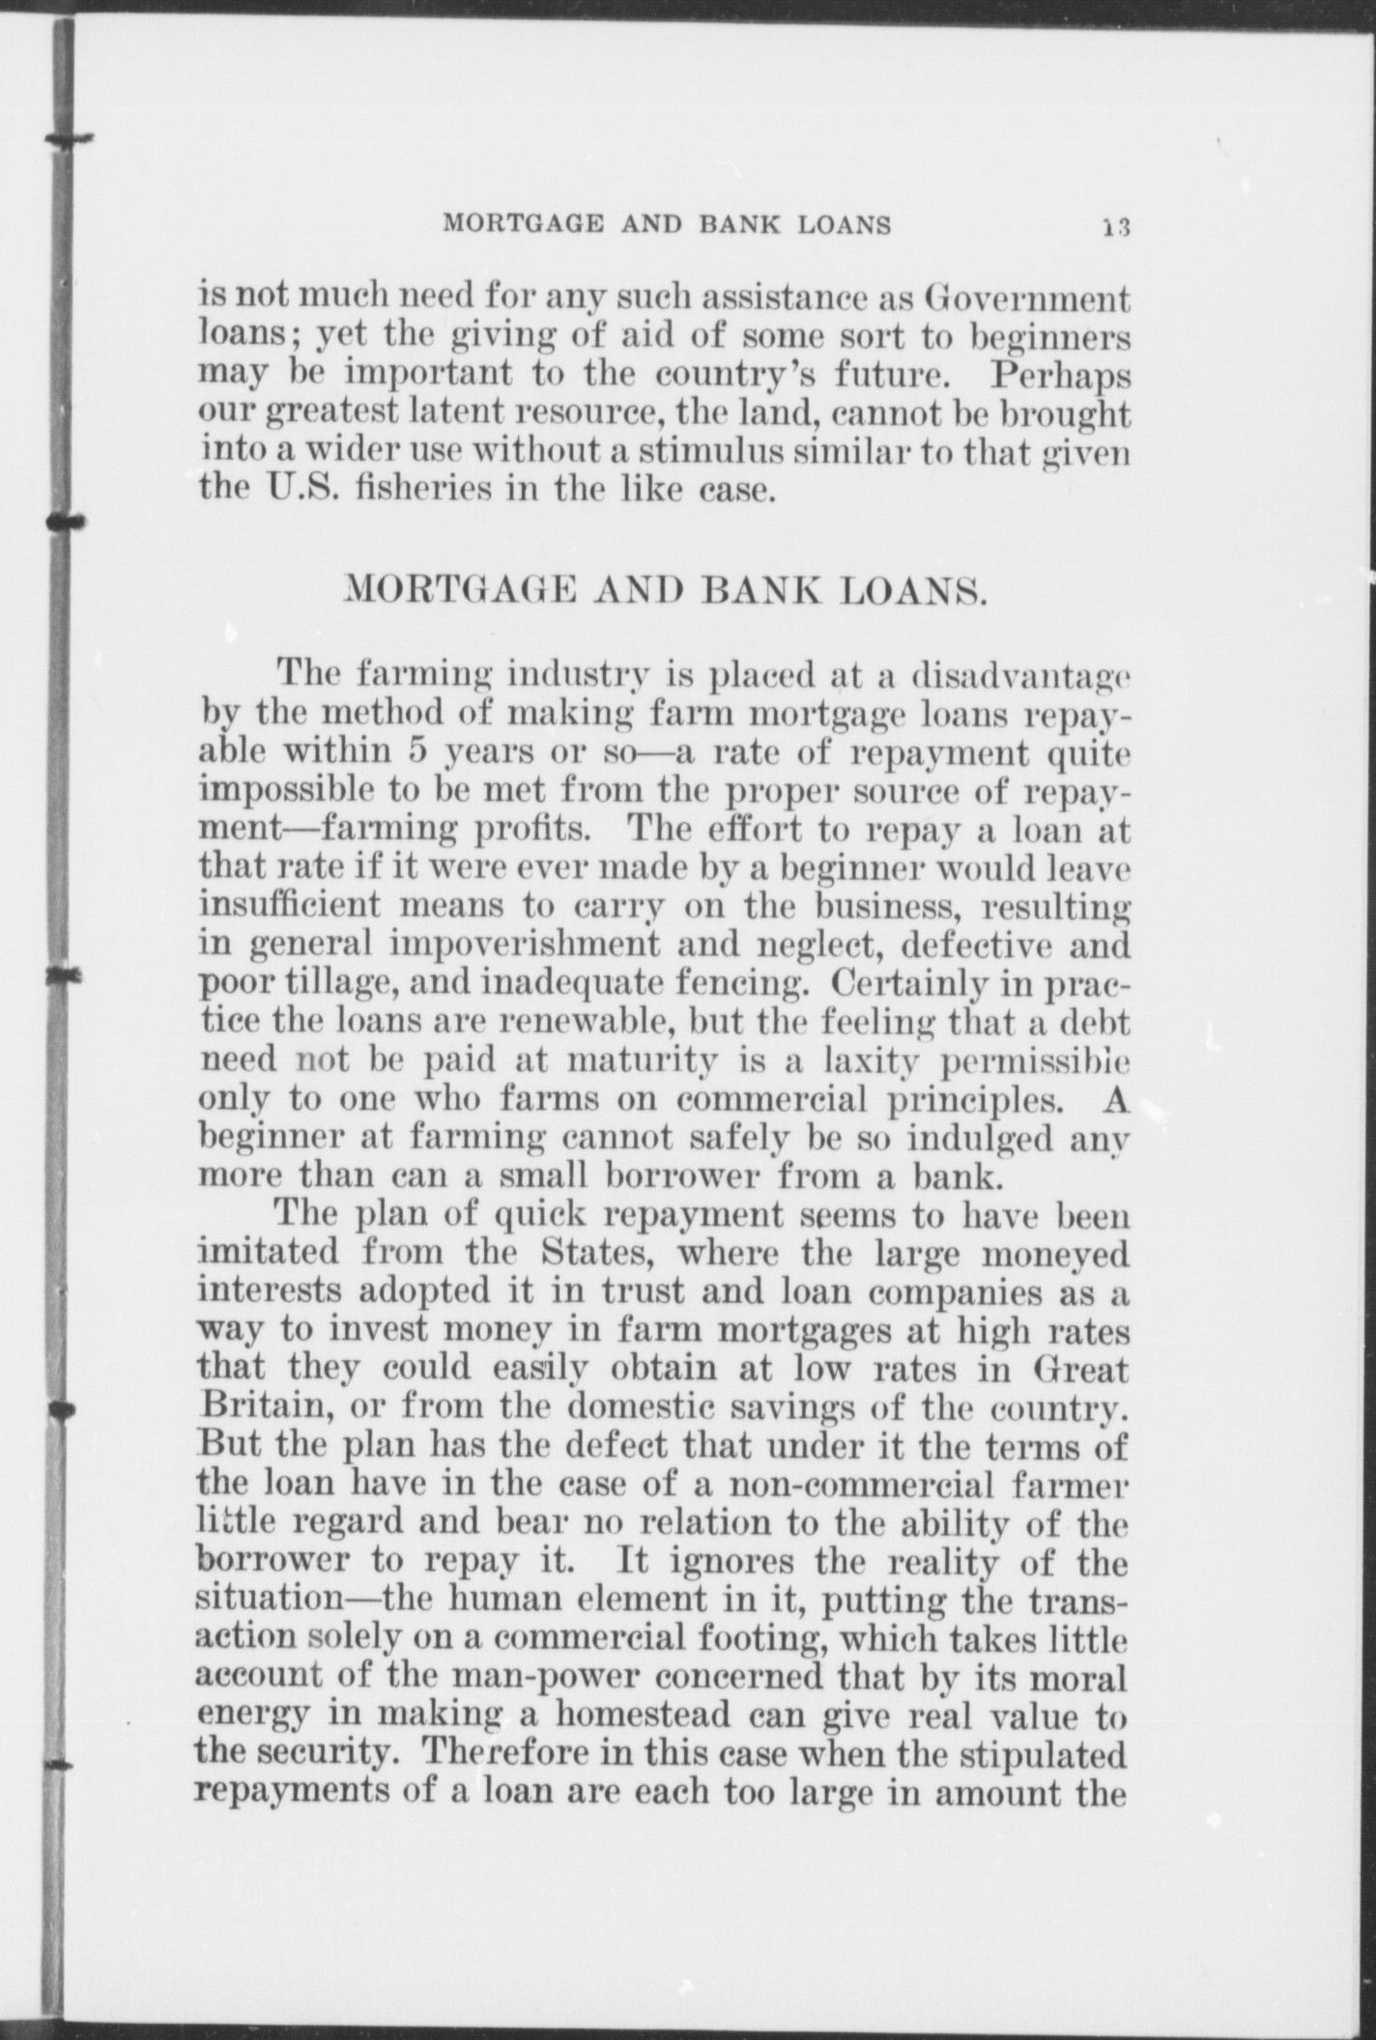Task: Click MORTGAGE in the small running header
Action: tap(522, 225)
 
